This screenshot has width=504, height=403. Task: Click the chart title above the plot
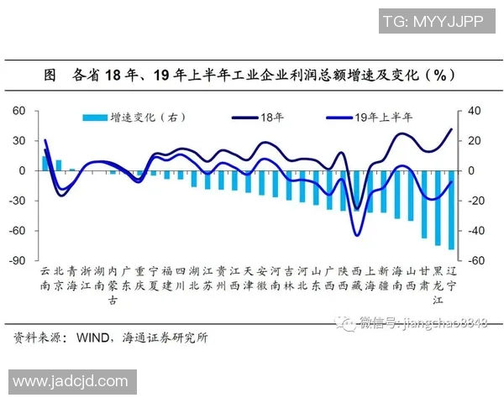pos(252,75)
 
